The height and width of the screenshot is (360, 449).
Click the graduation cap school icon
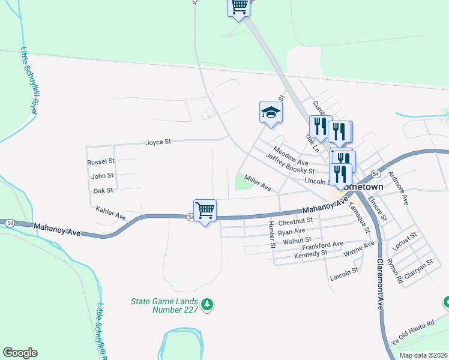tap(271, 112)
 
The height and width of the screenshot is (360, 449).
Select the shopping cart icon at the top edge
tap(239, 6)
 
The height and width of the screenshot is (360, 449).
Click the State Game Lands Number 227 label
tap(164, 305)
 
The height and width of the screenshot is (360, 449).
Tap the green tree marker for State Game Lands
tap(207, 305)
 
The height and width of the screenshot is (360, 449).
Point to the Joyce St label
tap(158, 142)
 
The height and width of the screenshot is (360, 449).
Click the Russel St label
tap(100, 163)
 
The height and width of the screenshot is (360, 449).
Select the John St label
tap(102, 176)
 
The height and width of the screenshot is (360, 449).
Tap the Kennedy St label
tap(310, 254)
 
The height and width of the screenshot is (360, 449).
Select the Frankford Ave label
tap(322, 244)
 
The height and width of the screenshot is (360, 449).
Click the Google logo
tap(20, 352)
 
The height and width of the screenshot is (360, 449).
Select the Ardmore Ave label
tap(399, 186)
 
